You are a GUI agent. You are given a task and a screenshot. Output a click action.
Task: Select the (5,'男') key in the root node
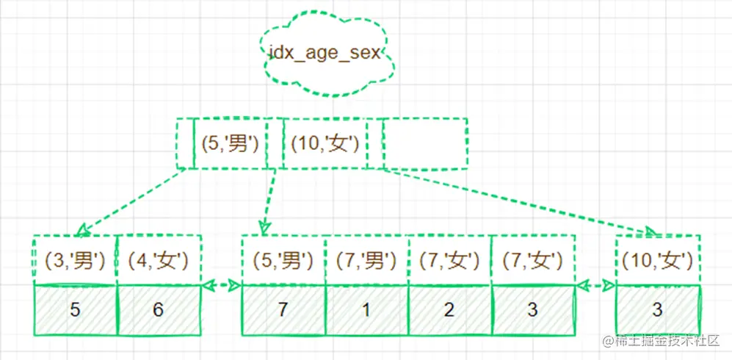click(230, 143)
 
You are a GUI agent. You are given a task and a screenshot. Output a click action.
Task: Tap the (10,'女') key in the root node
click(324, 143)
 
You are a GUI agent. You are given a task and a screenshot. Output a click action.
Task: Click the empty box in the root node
click(425, 143)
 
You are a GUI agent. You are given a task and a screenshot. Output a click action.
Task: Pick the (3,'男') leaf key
click(76, 259)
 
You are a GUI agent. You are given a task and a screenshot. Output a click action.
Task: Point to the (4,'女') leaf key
click(159, 259)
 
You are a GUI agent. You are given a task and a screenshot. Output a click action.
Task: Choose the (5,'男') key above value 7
click(283, 259)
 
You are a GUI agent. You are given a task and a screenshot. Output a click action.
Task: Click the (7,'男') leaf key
click(366, 259)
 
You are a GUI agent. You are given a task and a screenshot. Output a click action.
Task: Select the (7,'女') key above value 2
click(449, 259)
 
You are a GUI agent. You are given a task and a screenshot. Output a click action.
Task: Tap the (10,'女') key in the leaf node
click(657, 259)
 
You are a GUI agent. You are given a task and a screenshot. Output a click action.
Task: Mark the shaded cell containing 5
click(75, 309)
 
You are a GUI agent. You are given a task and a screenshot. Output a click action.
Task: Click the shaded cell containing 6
click(159, 309)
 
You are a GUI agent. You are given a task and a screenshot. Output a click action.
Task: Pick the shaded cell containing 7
click(283, 309)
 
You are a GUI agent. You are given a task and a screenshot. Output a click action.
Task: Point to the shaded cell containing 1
click(366, 309)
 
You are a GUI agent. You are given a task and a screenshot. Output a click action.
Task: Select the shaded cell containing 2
click(449, 309)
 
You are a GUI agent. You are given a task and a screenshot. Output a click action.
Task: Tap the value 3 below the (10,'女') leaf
click(657, 309)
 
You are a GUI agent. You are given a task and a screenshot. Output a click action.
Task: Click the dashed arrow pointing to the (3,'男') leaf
click(129, 200)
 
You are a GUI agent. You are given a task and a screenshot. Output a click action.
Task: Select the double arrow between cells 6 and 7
click(221, 284)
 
